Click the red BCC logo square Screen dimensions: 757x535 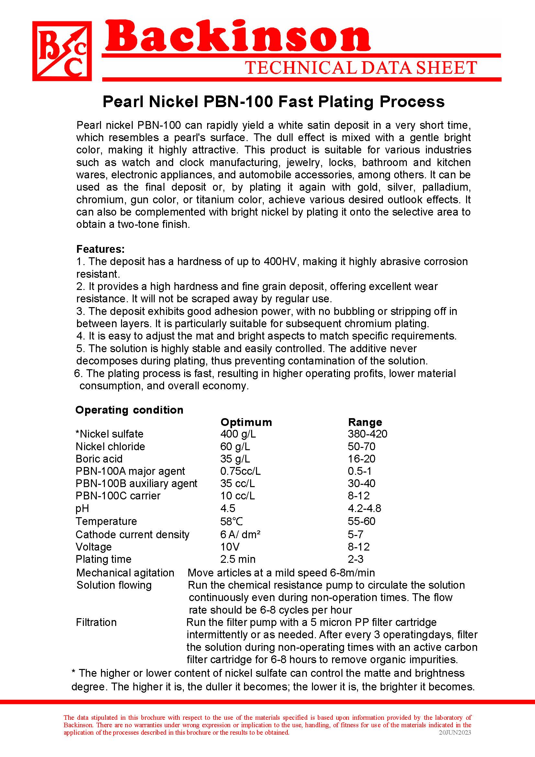coord(62,51)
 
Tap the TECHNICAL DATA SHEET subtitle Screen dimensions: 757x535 coord(361,68)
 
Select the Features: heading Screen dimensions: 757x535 coord(101,249)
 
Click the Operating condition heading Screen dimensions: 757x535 coord(129,410)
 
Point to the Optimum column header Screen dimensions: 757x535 coord(246,422)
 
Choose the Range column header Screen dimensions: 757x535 coord(365,422)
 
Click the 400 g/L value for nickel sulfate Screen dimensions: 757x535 coord(238,434)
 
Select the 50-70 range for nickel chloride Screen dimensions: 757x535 coord(362,446)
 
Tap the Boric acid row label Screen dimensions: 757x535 coord(99,459)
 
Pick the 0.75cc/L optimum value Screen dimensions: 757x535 coord(240,471)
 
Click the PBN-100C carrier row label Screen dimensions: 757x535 coord(118,496)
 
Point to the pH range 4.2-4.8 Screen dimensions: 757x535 coord(364,508)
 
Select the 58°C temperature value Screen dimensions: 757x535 coord(231,521)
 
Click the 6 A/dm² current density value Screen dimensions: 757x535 coord(240,534)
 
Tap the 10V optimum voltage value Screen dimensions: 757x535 coord(230,547)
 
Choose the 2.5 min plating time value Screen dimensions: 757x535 coord(238,559)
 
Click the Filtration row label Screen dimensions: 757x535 coord(96,622)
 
